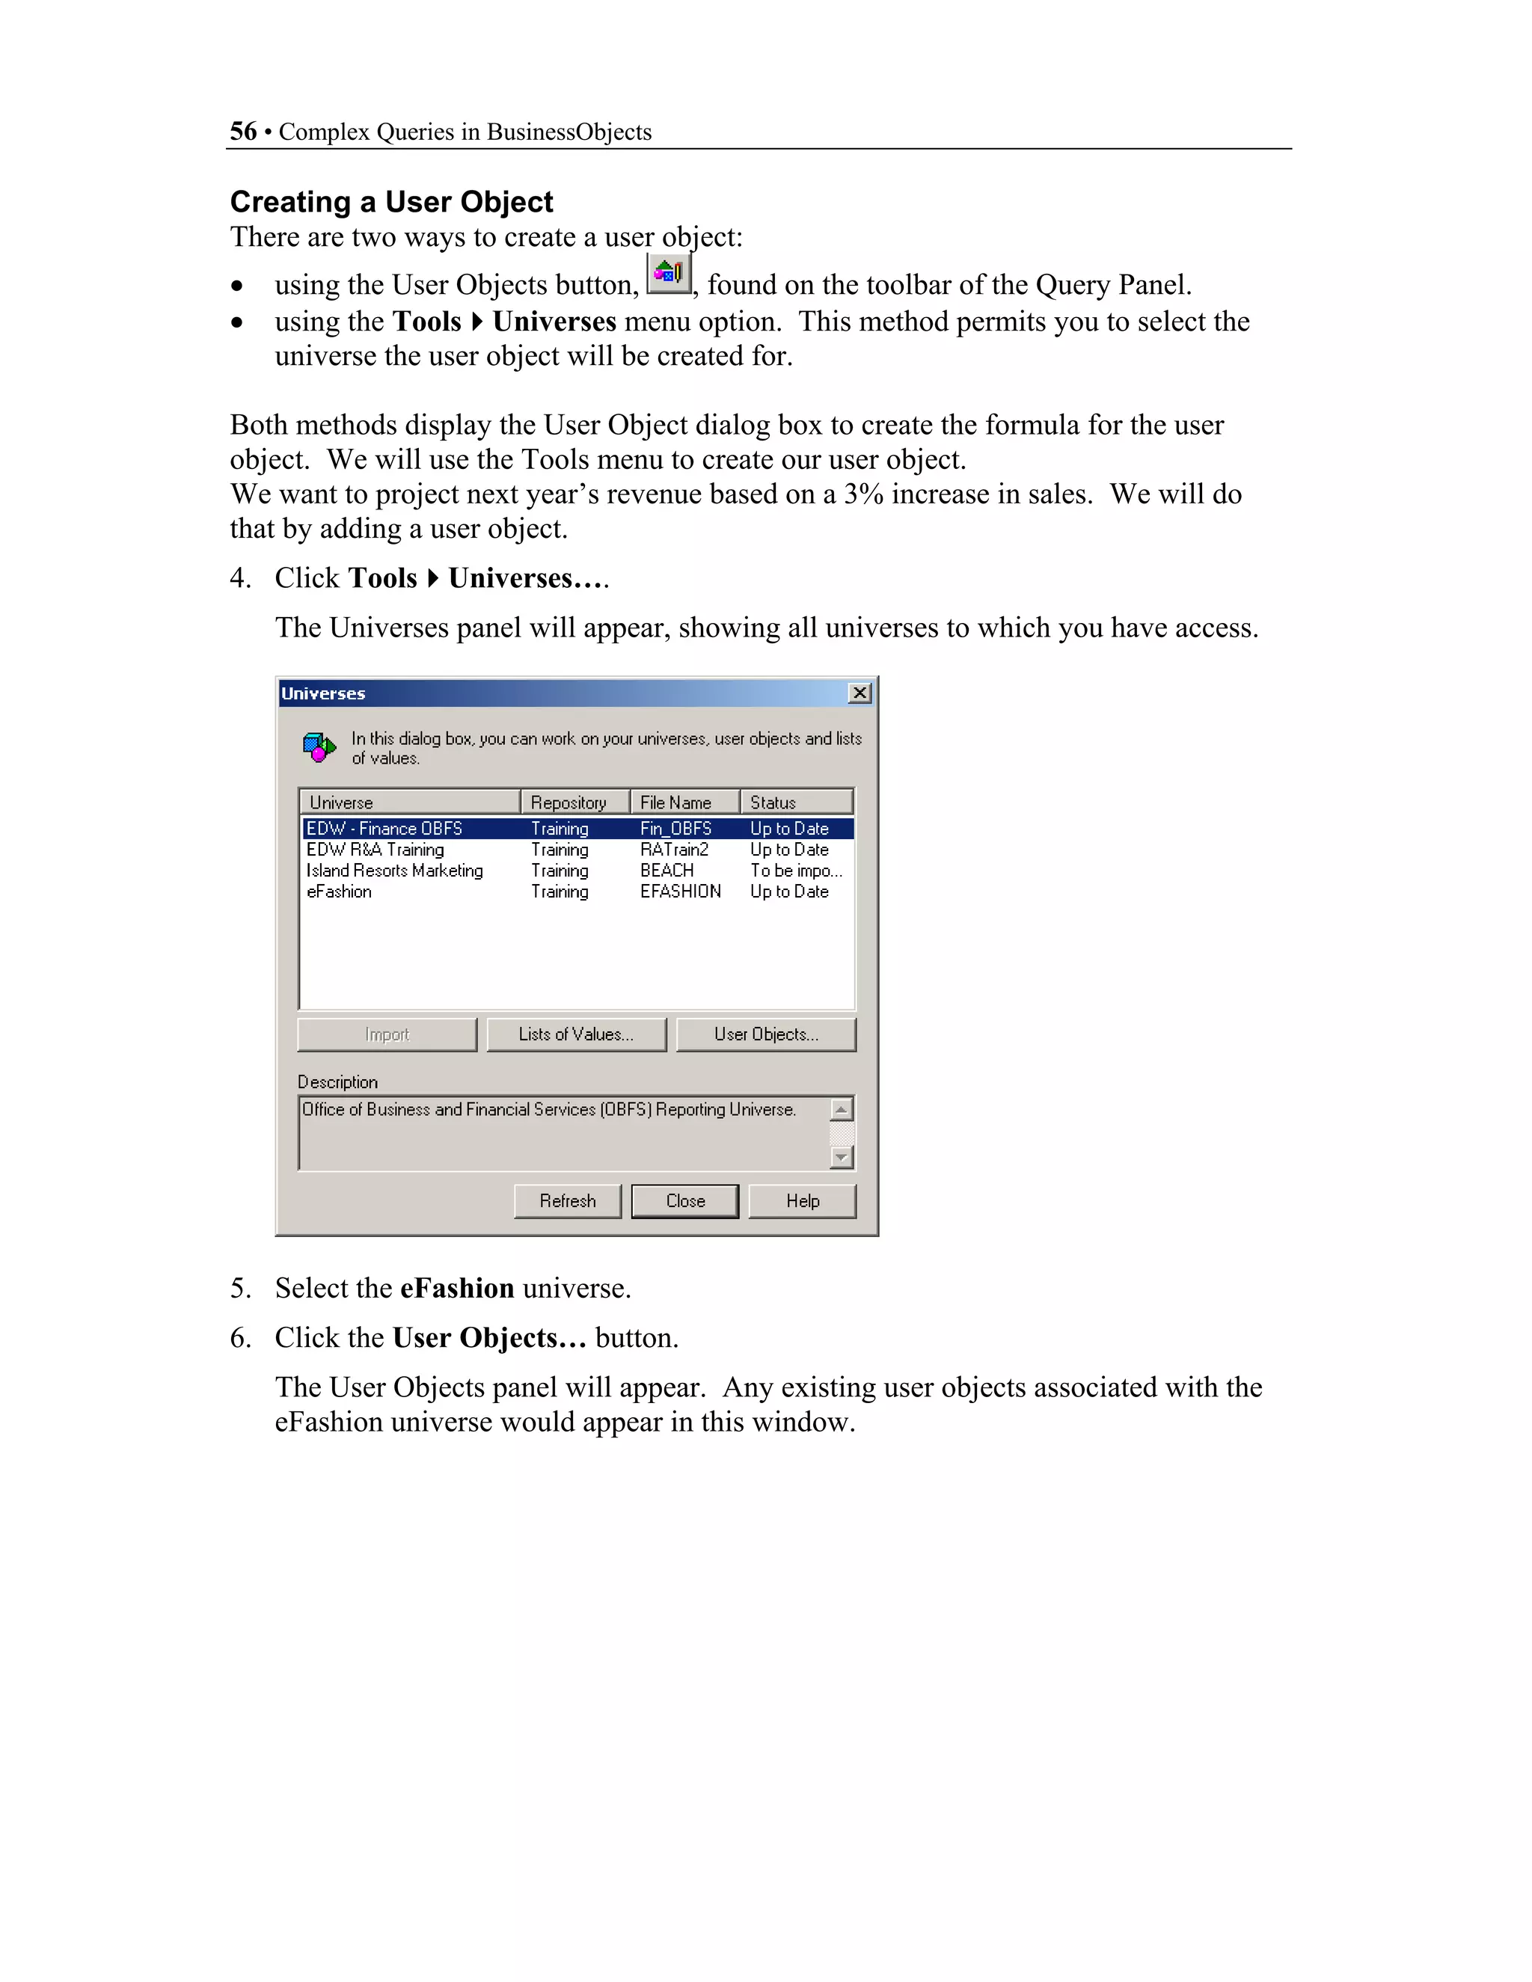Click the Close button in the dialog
(x=684, y=1200)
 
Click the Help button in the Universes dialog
(x=803, y=1200)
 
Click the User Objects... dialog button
(x=766, y=1034)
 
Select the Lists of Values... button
(x=576, y=1034)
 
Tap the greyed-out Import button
(x=387, y=1034)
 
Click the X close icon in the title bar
(x=860, y=693)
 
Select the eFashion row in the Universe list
(x=340, y=892)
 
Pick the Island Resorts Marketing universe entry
(x=395, y=871)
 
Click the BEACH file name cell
(x=667, y=871)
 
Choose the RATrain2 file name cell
(x=674, y=850)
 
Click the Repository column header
(x=569, y=803)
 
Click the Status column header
(x=773, y=803)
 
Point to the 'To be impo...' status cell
(x=796, y=871)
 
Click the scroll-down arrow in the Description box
(x=842, y=1158)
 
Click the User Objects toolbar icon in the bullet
(x=669, y=273)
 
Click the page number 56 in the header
(x=243, y=132)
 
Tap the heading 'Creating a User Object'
(x=391, y=201)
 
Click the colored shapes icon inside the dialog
(x=319, y=748)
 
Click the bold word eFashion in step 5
(x=457, y=1289)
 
